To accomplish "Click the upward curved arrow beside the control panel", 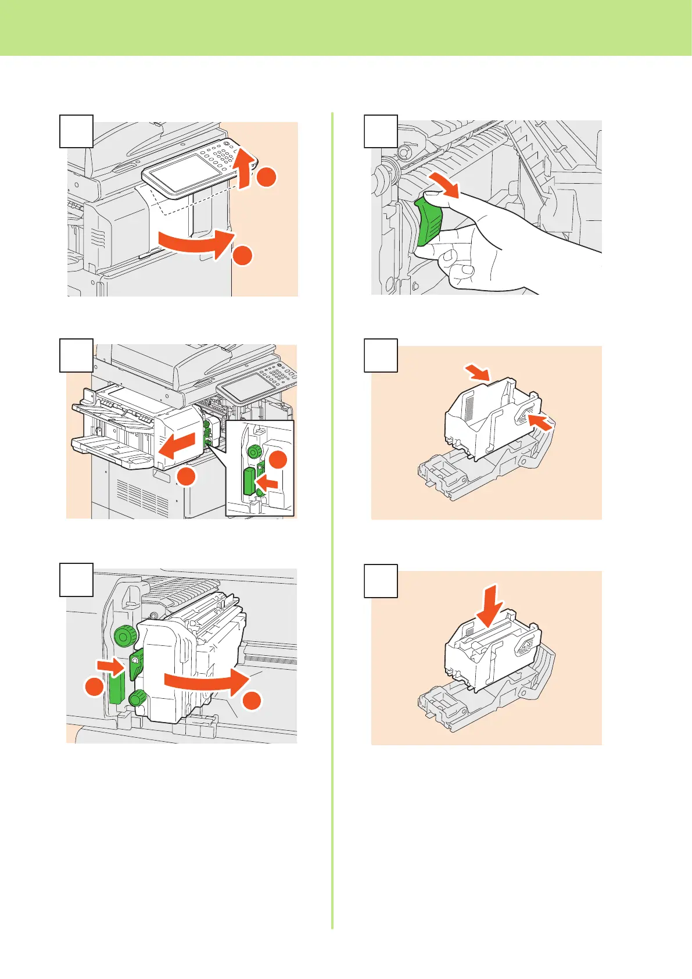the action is coord(247,169).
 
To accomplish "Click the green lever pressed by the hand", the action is coord(429,221).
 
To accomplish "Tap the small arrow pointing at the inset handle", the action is coord(268,483).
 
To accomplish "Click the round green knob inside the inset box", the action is coord(254,452).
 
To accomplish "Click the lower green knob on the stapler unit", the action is coord(138,698).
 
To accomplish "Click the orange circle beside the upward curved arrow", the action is coord(266,177).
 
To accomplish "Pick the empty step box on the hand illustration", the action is coord(381,131).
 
